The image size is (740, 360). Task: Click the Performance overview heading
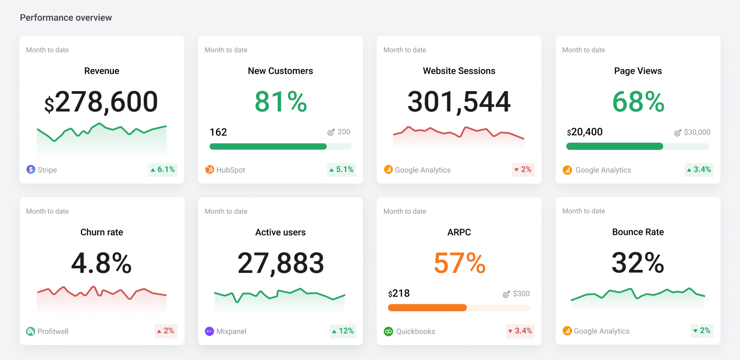click(66, 18)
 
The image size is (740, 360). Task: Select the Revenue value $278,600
click(102, 102)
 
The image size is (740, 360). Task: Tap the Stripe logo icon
click(31, 169)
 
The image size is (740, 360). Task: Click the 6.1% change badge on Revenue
click(163, 169)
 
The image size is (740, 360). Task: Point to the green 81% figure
click(280, 102)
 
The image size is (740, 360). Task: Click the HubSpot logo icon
click(210, 169)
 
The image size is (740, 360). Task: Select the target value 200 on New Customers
click(343, 132)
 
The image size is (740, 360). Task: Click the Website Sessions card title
click(459, 71)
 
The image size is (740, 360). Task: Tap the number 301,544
click(459, 102)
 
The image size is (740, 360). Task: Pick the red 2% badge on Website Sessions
click(523, 169)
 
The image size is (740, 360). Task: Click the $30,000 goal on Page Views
click(697, 132)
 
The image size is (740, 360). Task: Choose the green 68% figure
click(638, 102)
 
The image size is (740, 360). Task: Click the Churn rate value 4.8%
click(102, 264)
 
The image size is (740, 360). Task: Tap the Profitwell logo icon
click(31, 331)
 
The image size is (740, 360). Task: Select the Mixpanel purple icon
click(209, 331)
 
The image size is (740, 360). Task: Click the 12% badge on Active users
click(343, 331)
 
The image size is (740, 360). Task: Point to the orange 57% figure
click(459, 264)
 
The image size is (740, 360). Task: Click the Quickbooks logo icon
click(389, 331)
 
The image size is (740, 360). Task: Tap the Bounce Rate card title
click(638, 232)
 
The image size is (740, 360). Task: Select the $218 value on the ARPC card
click(399, 294)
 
